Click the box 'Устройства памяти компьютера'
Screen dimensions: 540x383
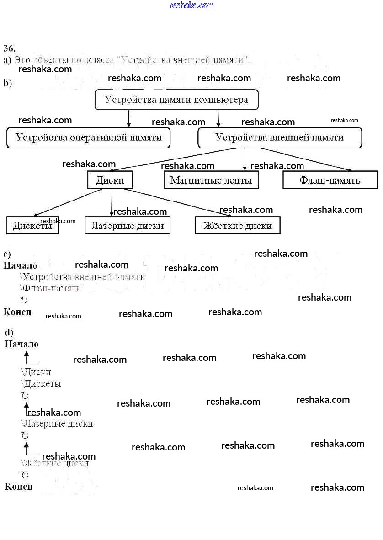click(176, 100)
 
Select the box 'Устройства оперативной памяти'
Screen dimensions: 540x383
click(88, 138)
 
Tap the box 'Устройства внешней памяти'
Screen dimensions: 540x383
click(279, 138)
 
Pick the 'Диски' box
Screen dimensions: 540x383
click(110, 180)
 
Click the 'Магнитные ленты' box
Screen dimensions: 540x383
click(211, 180)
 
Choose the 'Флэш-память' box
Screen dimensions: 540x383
click(330, 180)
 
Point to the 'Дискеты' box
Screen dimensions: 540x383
click(32, 225)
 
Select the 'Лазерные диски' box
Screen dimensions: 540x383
click(128, 225)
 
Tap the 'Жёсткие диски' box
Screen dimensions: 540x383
click(237, 225)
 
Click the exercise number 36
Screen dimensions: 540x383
click(10, 48)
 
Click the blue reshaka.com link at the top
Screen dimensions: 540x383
click(191, 5)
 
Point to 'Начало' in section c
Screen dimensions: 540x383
click(21, 265)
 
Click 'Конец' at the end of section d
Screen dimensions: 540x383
click(19, 487)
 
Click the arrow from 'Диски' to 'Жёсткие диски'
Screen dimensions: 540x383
click(178, 201)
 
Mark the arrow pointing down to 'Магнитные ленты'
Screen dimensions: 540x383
click(245, 160)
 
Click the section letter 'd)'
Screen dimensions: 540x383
click(9, 333)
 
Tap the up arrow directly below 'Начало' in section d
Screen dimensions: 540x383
click(27, 356)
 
